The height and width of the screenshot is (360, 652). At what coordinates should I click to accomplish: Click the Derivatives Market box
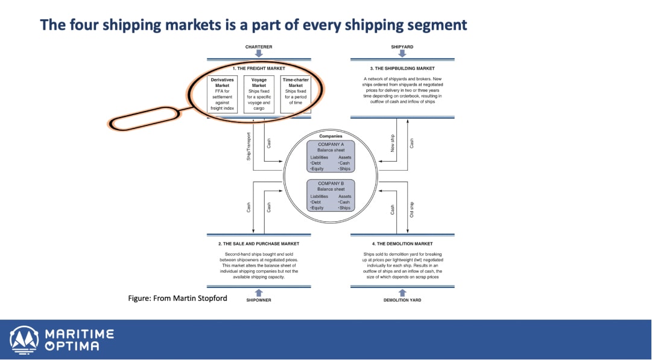[x=223, y=94]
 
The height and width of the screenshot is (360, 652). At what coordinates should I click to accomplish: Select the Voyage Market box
[x=259, y=94]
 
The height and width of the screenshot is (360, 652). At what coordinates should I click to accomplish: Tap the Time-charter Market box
[x=296, y=94]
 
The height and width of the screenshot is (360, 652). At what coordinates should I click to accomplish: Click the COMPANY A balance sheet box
[x=331, y=156]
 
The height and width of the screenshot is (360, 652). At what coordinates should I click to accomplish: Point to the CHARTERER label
[x=259, y=46]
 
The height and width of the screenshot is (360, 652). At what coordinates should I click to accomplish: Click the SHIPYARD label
[x=402, y=46]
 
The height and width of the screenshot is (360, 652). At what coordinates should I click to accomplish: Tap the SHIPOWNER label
[x=259, y=300]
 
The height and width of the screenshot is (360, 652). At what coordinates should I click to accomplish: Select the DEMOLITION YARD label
[x=403, y=300]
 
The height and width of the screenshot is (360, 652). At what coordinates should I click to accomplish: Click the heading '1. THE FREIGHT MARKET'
[x=259, y=69]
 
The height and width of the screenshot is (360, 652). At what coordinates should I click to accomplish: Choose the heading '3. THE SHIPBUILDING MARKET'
[x=402, y=69]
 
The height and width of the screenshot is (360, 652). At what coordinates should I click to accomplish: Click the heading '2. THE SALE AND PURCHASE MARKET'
[x=259, y=244]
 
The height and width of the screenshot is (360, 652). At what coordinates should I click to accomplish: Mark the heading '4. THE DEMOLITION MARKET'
[x=402, y=244]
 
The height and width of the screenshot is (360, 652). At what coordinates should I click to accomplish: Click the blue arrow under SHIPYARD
[x=402, y=54]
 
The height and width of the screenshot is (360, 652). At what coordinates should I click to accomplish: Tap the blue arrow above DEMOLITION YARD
[x=402, y=292]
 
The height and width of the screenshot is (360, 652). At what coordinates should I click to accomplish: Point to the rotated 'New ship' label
[x=393, y=143]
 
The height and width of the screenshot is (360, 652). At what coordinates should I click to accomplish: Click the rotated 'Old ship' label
[x=412, y=209]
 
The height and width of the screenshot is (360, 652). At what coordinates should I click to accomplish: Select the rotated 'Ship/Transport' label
[x=248, y=145]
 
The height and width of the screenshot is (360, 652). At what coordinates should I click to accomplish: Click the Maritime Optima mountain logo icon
[x=24, y=339]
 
